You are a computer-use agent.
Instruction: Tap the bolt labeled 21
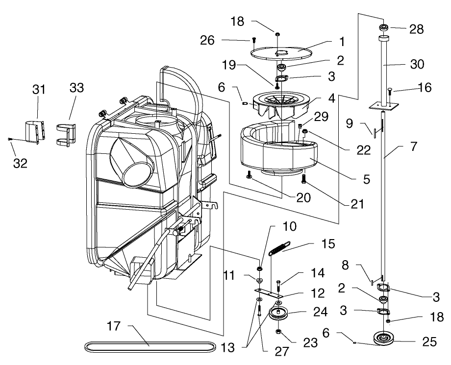(304, 179)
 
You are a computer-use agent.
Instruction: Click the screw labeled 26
(254, 40)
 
